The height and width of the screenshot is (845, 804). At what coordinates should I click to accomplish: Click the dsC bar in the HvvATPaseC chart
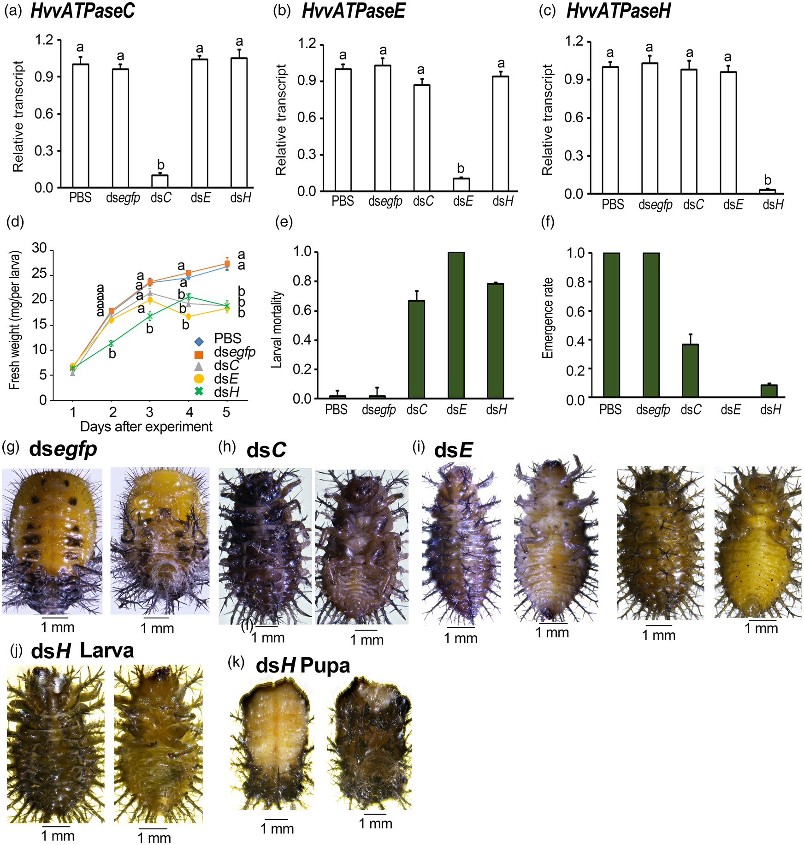click(160, 181)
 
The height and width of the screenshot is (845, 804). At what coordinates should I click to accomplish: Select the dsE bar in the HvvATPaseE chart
click(461, 184)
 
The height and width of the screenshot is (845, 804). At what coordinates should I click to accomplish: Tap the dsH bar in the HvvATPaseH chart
click(767, 191)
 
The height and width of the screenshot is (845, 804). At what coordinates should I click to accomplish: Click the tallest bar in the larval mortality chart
click(456, 325)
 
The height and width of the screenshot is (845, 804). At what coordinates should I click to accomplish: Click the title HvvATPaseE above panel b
click(353, 11)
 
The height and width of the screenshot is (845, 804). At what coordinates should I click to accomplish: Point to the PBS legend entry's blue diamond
click(199, 342)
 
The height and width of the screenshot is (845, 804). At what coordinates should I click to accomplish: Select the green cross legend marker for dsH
click(199, 392)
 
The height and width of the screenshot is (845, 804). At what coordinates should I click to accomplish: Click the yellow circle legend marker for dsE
click(199, 379)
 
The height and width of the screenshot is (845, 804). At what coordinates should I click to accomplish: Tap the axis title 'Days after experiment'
click(146, 427)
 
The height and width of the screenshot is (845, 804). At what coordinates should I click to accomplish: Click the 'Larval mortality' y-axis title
click(277, 330)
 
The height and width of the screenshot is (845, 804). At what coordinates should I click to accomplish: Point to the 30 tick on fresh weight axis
click(39, 249)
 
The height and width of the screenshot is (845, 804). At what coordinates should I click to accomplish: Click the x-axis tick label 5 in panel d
click(226, 412)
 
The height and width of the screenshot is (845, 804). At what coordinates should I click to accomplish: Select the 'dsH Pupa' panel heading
click(303, 666)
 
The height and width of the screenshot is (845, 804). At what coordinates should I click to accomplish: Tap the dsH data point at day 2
click(111, 344)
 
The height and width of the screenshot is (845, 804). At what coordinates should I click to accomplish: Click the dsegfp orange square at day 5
click(227, 263)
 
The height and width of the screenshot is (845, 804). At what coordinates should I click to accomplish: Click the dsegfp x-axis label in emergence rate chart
click(653, 410)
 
